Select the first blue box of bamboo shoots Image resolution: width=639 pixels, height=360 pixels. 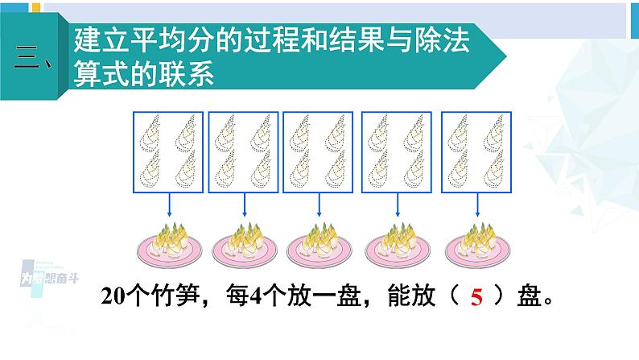coord(167,150)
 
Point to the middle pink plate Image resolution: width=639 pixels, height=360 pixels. coord(321,245)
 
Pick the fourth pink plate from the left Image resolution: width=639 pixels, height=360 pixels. coord(398,245)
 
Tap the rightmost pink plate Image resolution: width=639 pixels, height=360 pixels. coord(475,245)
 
